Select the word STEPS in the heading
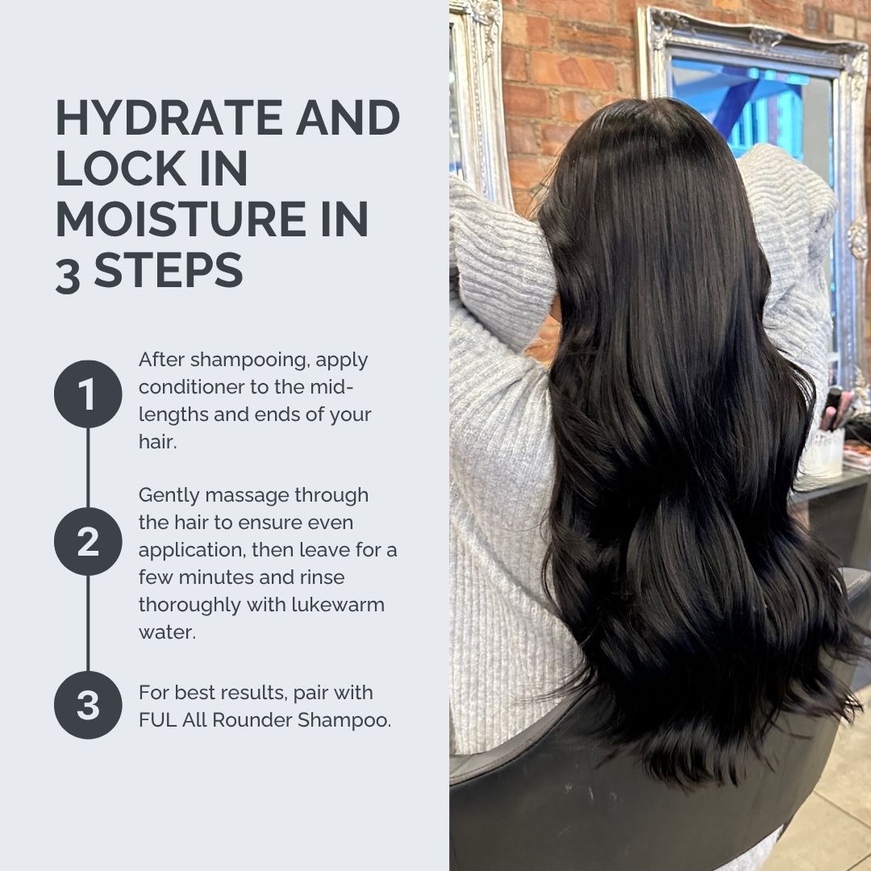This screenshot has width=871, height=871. click(x=169, y=271)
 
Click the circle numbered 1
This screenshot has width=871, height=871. click(x=88, y=394)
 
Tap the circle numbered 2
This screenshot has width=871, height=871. click(x=88, y=542)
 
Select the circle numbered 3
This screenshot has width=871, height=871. click(x=88, y=705)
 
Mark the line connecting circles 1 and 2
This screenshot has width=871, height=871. click(x=88, y=468)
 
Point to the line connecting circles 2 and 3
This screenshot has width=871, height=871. click(x=88, y=623)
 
